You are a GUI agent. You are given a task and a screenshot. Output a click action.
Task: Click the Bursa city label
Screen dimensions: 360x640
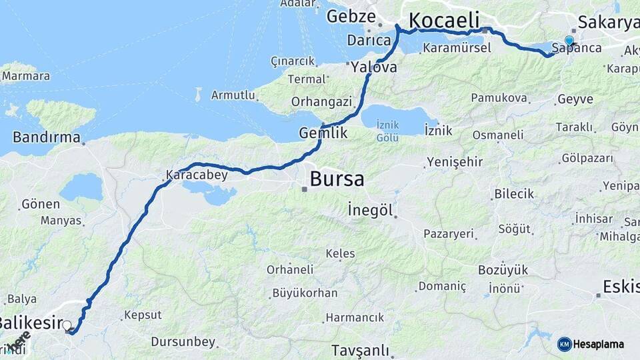(x=337, y=179)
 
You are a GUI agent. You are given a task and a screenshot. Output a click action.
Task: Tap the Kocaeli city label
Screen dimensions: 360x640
(x=444, y=21)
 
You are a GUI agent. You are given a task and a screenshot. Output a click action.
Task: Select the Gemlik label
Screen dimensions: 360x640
(x=323, y=133)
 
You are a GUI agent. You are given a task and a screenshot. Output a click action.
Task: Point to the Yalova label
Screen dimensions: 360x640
(x=374, y=67)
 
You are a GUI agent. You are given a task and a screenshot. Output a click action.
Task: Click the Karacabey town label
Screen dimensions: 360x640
(x=197, y=175)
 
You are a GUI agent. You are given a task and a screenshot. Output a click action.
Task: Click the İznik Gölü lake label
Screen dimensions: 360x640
(x=387, y=131)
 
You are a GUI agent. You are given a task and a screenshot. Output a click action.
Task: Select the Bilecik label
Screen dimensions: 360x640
(x=514, y=194)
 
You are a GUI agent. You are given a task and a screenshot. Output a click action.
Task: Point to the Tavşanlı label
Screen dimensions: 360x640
(x=365, y=350)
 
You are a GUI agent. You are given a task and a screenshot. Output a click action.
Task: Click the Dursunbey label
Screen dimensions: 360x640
(x=183, y=342)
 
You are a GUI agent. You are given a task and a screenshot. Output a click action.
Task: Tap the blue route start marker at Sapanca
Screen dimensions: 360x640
(x=569, y=40)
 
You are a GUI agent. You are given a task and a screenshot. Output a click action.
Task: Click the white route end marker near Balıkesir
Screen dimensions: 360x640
(x=67, y=325)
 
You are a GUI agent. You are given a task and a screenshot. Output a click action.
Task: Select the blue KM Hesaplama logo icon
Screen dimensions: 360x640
(x=565, y=344)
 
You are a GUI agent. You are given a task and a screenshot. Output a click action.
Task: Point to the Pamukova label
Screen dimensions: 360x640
(x=499, y=98)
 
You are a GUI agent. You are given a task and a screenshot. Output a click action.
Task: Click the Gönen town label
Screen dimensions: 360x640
(x=41, y=204)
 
